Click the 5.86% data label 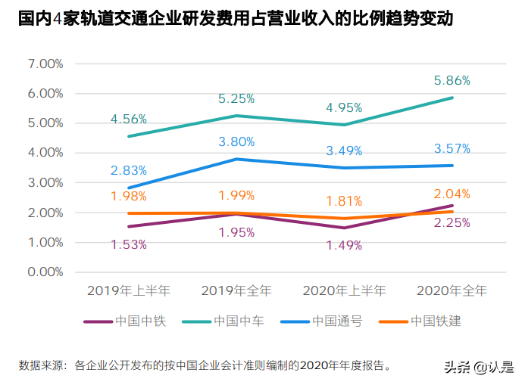(452, 79)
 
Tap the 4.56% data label (129, 119)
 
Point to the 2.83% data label (129, 170)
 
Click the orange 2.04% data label (452, 194)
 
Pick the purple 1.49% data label (344, 245)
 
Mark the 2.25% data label (452, 222)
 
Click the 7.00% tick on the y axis (45, 64)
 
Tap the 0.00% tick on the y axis (45, 272)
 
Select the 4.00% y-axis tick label (45, 153)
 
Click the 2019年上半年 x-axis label (129, 290)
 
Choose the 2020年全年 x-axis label (452, 290)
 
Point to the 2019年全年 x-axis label (236, 290)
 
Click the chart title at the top (236, 19)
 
